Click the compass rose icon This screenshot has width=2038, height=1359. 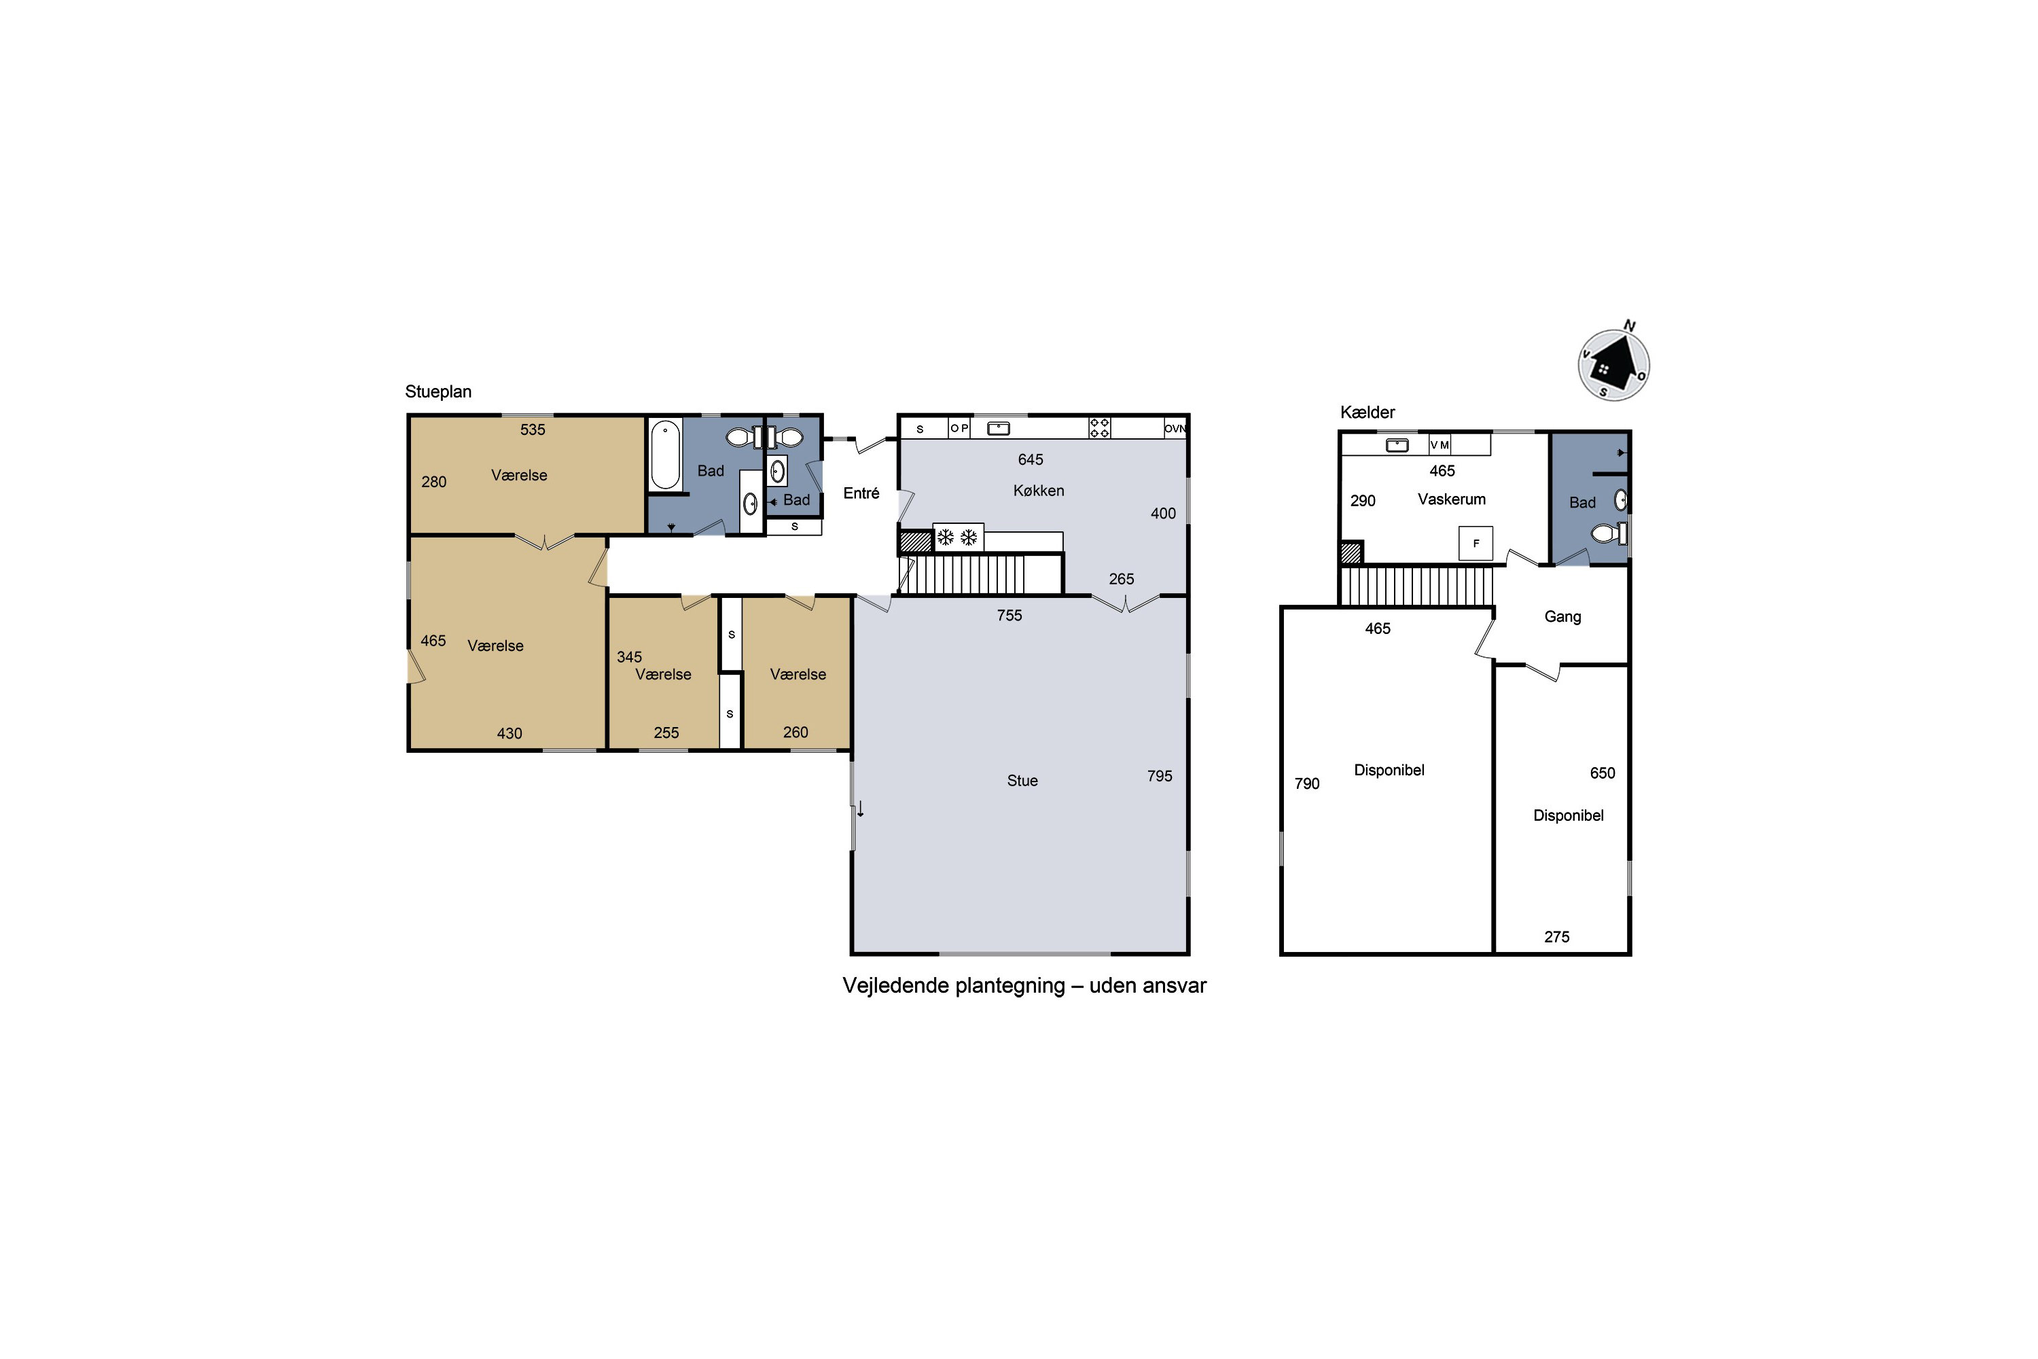(1613, 364)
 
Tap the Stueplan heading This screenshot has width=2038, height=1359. (438, 392)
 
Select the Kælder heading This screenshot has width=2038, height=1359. (1367, 412)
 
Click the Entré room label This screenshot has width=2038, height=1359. (861, 493)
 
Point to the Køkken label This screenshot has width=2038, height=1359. (1038, 491)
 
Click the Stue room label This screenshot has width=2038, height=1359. (1022, 781)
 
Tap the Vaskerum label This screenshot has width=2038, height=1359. (1451, 499)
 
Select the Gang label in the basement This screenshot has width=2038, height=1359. (1562, 617)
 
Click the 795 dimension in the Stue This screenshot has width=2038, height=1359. (1160, 777)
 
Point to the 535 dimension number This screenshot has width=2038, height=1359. (533, 430)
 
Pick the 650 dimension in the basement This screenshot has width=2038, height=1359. (1602, 773)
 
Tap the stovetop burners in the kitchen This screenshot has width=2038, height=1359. (1100, 428)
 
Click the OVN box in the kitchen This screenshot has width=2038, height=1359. (1175, 428)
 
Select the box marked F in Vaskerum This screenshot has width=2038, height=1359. (1476, 544)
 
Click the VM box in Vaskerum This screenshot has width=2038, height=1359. (1440, 444)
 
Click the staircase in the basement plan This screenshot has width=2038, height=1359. (1416, 586)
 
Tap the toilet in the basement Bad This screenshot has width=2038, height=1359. (1608, 533)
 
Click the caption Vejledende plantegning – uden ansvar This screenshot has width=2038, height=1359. (1024, 985)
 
